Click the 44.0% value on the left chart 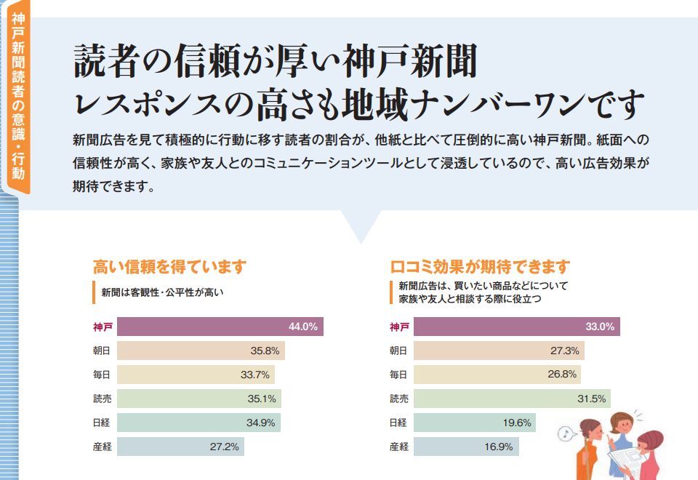[x=302, y=327]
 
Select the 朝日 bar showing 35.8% [x=201, y=351]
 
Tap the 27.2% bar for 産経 [x=180, y=447]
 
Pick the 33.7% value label [x=254, y=375]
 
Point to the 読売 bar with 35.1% [x=198, y=399]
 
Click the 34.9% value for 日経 [x=265, y=423]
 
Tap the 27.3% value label [x=564, y=351]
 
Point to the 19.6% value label [x=516, y=423]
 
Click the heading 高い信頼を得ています [x=169, y=267]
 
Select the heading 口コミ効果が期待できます [x=480, y=267]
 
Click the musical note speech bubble [x=564, y=434]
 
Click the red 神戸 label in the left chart [x=103, y=327]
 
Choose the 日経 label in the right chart [x=398, y=423]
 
